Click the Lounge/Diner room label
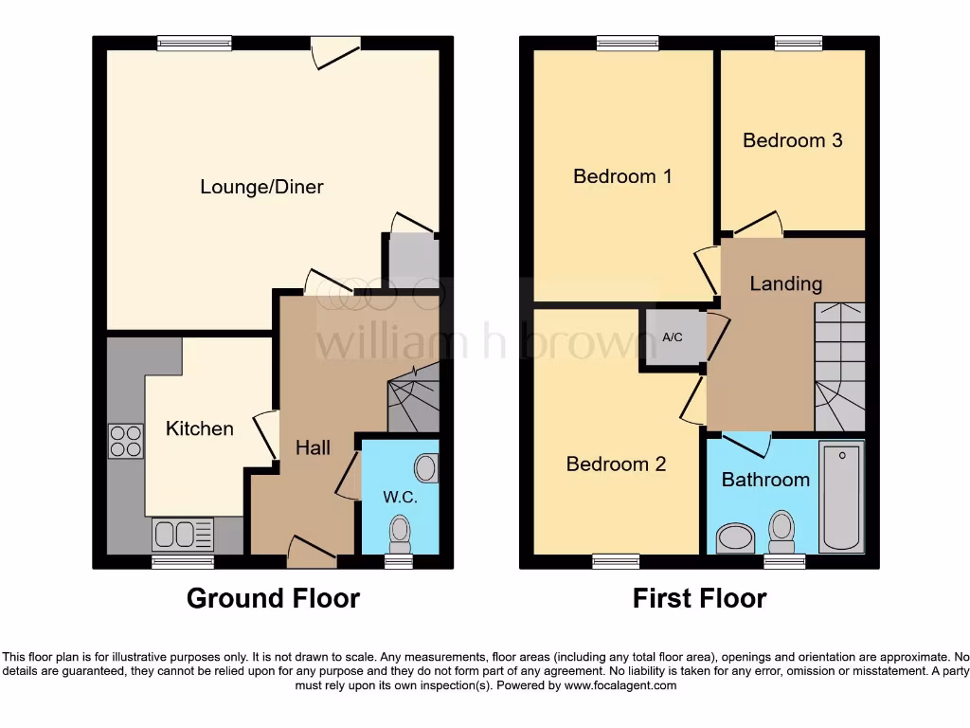point(261,187)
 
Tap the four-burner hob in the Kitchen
point(126,441)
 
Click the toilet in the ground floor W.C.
point(400,534)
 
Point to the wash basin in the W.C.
point(426,467)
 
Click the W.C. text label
point(400,497)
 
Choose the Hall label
point(313,446)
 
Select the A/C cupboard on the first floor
point(672,337)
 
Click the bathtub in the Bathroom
point(841,497)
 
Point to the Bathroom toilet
point(781,532)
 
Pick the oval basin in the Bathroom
point(733,538)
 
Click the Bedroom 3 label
point(792,140)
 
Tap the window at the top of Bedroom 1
point(627,43)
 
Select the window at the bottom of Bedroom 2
point(616,561)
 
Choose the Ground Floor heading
point(273,598)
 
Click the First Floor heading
point(699,598)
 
